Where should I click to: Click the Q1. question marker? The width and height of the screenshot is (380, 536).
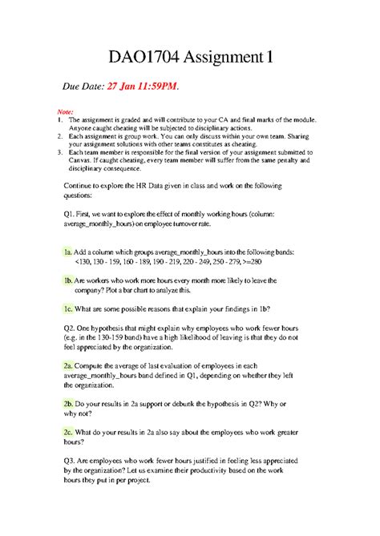coord(71,216)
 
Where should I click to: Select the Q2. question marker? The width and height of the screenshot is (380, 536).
coord(71,329)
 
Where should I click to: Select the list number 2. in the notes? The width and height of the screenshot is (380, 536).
coord(59,136)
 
